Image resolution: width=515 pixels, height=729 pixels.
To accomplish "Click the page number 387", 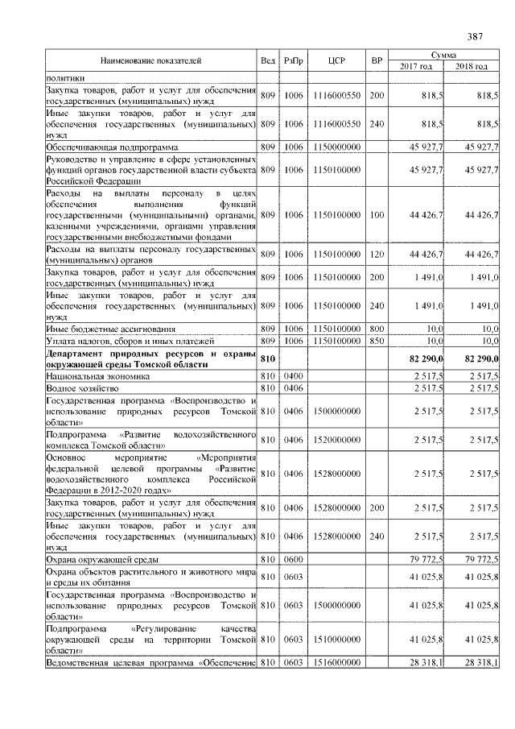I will tap(474, 36).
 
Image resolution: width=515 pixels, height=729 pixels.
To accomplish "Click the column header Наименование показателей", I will tap(150, 60).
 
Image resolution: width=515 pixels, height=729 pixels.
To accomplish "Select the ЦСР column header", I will tap(336, 60).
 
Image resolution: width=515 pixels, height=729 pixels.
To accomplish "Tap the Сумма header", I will tap(443, 54).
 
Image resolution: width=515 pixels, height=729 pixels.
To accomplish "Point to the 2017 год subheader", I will tap(416, 66).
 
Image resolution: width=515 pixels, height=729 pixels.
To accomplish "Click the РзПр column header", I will tap(293, 60).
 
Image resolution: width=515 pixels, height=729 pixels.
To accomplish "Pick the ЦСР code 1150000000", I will tap(336, 147).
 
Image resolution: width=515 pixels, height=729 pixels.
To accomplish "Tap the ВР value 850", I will tap(376, 342).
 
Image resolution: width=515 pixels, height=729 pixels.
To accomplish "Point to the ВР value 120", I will tap(376, 255).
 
